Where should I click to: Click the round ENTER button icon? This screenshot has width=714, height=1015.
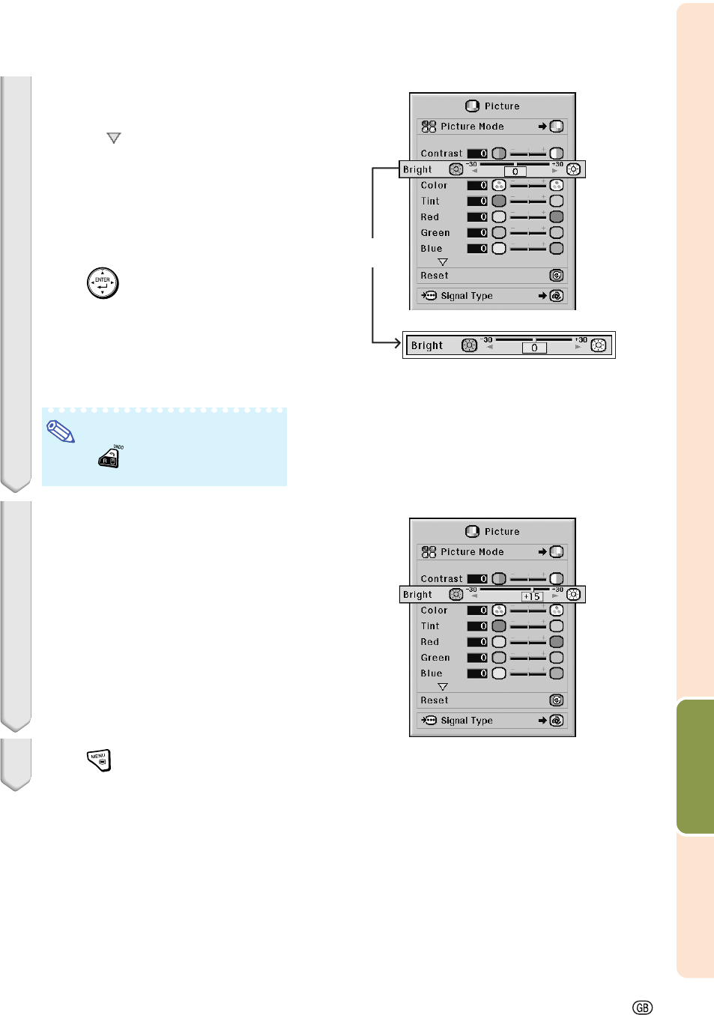[103, 283]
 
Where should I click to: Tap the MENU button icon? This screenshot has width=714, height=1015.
[99, 760]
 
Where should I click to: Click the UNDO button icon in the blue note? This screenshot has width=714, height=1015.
[109, 458]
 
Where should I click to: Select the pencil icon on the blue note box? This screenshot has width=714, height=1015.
[61, 431]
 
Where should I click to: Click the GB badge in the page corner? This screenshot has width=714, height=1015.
[642, 1008]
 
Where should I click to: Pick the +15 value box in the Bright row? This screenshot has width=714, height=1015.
[531, 597]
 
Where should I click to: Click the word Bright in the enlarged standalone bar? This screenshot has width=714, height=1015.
[427, 345]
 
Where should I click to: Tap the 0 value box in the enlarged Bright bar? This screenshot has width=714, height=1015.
[534, 348]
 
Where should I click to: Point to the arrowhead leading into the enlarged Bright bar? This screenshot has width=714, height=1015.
[396, 343]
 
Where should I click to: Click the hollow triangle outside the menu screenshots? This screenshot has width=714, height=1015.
[114, 138]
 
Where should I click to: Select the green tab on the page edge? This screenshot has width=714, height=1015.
[695, 766]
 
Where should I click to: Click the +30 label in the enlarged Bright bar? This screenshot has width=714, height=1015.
[581, 340]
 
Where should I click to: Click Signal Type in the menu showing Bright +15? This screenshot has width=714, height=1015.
[466, 721]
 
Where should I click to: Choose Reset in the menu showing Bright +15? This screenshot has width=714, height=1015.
[435, 700]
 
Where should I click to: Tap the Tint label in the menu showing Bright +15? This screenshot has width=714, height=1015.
[430, 626]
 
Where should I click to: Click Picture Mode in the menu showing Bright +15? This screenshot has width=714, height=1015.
[472, 552]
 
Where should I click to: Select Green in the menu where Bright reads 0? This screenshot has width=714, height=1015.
[435, 233]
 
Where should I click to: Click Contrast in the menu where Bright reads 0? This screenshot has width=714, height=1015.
[441, 154]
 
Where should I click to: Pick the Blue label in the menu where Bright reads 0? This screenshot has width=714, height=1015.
[432, 249]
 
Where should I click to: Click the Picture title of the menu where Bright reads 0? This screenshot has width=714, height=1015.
[501, 106]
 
